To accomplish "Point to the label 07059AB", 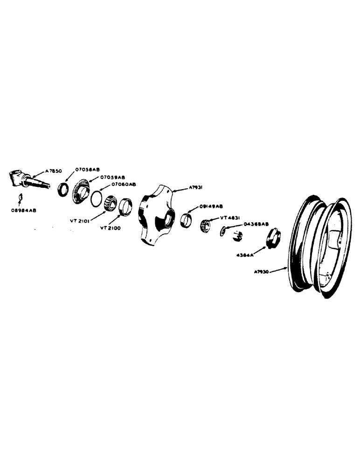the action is (x=112, y=178).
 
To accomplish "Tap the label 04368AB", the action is (x=256, y=224).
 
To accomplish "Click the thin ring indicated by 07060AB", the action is (x=95, y=198).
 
